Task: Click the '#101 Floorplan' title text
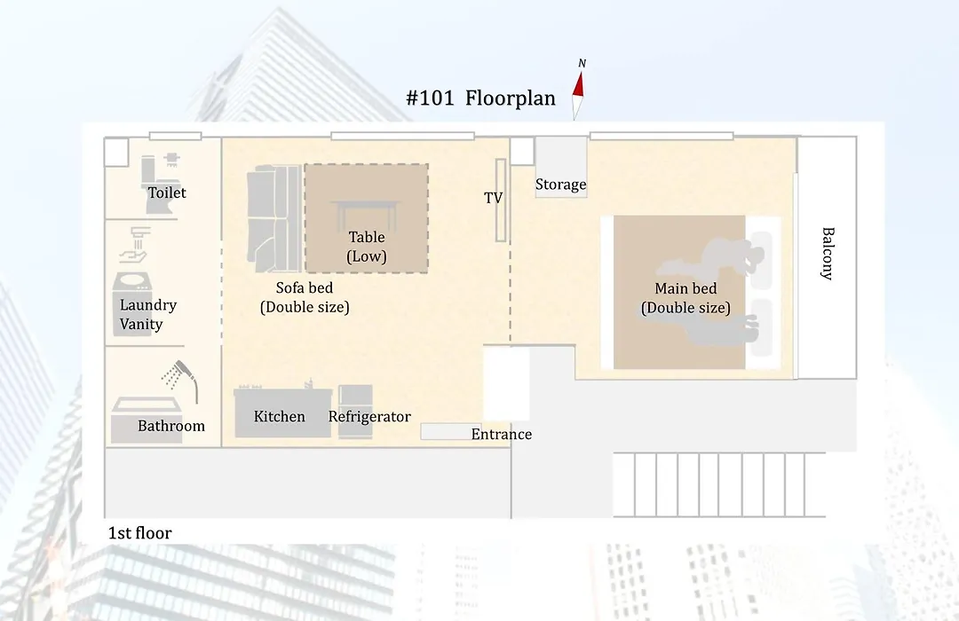pyautogui.click(x=480, y=98)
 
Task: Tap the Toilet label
pyautogui.click(x=166, y=193)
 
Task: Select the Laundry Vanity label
pyautogui.click(x=147, y=314)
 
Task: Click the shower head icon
pyautogui.click(x=180, y=379)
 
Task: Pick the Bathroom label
pyautogui.click(x=170, y=426)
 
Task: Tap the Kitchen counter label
pyautogui.click(x=279, y=416)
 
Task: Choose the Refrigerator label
pyautogui.click(x=369, y=416)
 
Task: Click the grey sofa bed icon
pyautogui.click(x=274, y=218)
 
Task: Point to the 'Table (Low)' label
pyautogui.click(x=367, y=247)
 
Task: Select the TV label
pyautogui.click(x=493, y=198)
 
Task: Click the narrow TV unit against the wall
pyautogui.click(x=501, y=200)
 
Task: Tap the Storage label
pyautogui.click(x=561, y=185)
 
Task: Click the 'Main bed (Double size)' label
pyautogui.click(x=686, y=298)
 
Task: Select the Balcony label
pyautogui.click(x=828, y=253)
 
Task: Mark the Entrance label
pyautogui.click(x=501, y=435)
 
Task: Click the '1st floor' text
pyautogui.click(x=139, y=533)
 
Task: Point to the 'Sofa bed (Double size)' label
pyautogui.click(x=305, y=297)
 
